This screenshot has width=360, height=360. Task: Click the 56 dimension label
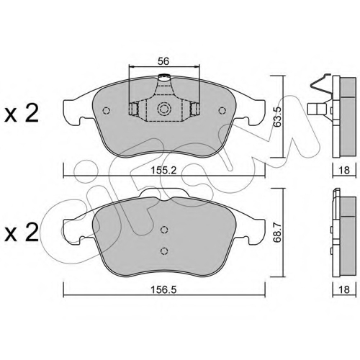[x=163, y=61]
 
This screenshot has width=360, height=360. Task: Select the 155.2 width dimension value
[x=163, y=171]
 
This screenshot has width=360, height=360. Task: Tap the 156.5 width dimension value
[x=163, y=289]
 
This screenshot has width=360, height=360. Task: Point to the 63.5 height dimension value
[x=278, y=117]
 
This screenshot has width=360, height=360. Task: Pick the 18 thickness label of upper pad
[x=344, y=171]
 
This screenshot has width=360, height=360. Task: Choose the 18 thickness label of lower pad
[x=344, y=289]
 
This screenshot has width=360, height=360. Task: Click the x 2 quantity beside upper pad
[x=22, y=114]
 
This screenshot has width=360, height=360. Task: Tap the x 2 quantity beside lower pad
[x=22, y=233]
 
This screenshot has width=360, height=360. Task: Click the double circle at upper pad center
[x=164, y=109]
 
